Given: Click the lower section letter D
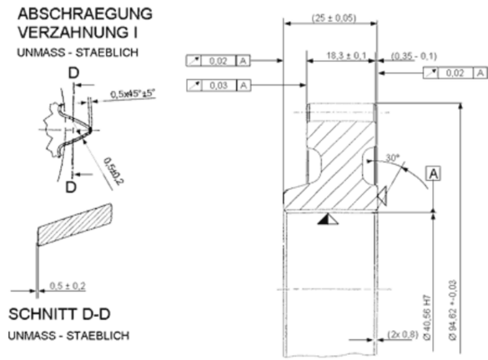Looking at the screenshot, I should coord(71,186).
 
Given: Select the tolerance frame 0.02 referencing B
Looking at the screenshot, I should coord(217,60).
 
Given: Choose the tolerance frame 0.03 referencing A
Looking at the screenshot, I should coord(218,85).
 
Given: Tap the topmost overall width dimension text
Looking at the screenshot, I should coord(333,17).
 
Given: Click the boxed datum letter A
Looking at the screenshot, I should coord(433,172).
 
